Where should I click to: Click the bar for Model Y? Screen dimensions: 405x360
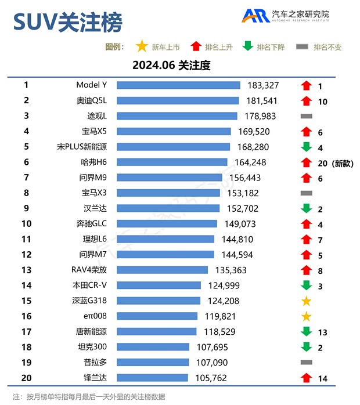[178, 85]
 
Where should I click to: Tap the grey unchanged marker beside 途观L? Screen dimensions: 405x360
[307, 116]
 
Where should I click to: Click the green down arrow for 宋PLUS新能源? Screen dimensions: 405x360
[307, 147]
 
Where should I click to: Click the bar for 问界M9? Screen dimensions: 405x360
[169, 178]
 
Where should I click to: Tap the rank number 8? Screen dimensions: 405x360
[26, 193]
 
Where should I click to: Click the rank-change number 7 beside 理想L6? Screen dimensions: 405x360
[320, 240]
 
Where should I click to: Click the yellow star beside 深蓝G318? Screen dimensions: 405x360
[307, 301]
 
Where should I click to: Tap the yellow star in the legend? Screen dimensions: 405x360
[141, 46]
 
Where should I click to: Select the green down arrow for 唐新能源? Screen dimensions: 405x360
[307, 332]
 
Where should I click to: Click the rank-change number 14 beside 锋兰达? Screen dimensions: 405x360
[322, 378]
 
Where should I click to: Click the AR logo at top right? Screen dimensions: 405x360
[255, 16]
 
